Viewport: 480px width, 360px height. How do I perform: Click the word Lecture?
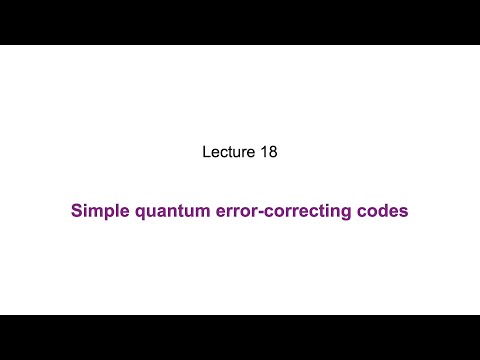click(229, 153)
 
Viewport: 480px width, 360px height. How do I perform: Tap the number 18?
click(267, 153)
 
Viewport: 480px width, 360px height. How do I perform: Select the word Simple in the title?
click(96, 212)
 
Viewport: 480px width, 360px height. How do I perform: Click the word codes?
click(384, 212)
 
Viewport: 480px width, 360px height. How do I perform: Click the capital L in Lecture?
click(206, 153)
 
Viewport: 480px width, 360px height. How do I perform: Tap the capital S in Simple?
click(76, 212)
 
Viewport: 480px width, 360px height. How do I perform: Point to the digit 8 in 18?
click(271, 153)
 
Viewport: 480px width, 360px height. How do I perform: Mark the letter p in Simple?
click(107, 213)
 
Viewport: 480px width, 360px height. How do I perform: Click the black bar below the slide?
click(240, 337)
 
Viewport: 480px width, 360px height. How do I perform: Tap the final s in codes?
click(404, 213)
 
